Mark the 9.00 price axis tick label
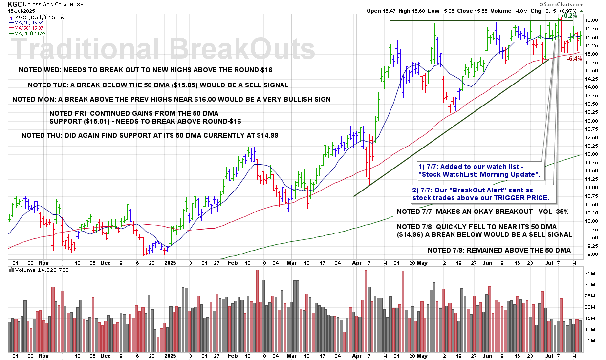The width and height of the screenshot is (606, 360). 590,254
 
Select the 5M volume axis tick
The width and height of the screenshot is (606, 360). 590,341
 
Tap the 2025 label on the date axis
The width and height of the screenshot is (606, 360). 170,262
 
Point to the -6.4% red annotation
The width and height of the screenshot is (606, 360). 575,59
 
